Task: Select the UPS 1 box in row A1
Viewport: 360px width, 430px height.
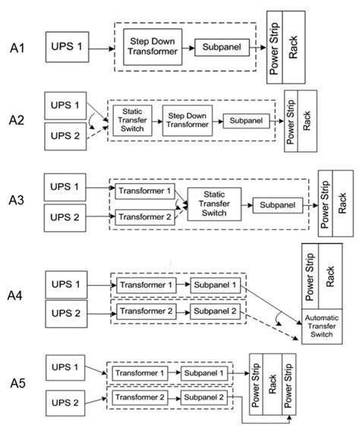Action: [67, 48]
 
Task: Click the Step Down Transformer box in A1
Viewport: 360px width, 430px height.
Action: [153, 48]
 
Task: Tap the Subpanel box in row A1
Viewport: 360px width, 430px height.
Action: [220, 48]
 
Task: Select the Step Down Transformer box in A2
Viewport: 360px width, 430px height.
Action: [188, 120]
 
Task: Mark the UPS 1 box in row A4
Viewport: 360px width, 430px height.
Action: [66, 284]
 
